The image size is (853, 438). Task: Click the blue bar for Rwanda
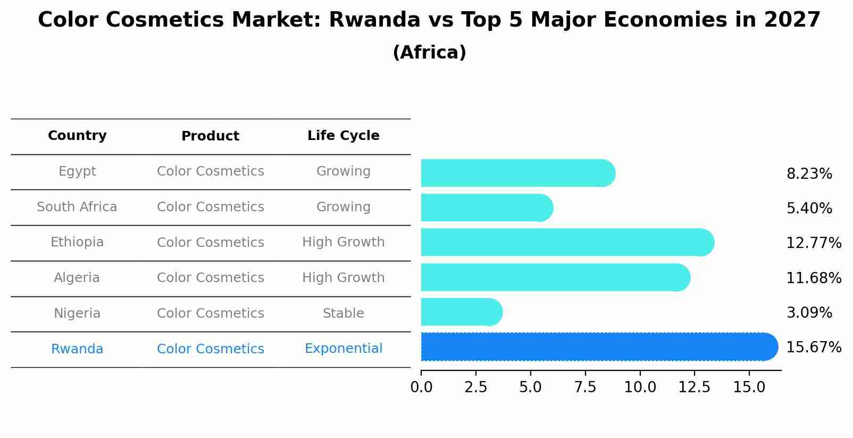tap(596, 347)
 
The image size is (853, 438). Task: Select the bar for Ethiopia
tap(564, 243)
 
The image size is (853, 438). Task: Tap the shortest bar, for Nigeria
tap(460, 312)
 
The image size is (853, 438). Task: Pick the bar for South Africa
tap(484, 208)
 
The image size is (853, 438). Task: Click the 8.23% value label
tap(809, 174)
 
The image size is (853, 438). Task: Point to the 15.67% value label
tap(813, 348)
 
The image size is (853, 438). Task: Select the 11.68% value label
tap(813, 278)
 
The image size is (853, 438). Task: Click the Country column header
tap(77, 136)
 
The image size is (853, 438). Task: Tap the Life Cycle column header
tap(343, 136)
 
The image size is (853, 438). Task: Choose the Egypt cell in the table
tap(77, 171)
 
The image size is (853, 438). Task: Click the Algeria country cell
tap(77, 278)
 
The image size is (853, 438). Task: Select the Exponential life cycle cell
tap(343, 349)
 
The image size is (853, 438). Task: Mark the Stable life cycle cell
tap(343, 313)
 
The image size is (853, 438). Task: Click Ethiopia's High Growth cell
tap(343, 242)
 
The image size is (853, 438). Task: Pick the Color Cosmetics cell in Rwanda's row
tap(210, 349)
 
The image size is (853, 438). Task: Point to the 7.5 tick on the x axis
tap(585, 387)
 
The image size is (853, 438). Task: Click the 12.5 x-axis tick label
tap(694, 387)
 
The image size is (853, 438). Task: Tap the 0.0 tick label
tap(421, 387)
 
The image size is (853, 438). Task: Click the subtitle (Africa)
tap(429, 53)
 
